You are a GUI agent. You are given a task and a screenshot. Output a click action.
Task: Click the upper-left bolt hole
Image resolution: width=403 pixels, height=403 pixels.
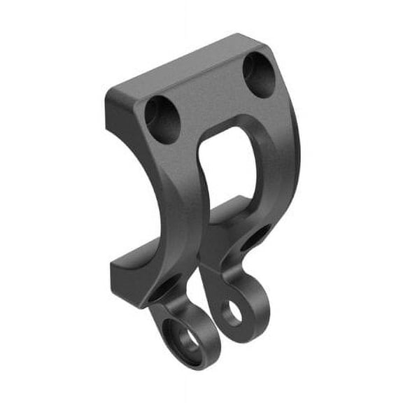tap(162, 120)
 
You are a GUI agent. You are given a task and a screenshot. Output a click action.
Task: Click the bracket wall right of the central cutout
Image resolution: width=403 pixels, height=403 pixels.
tap(276, 168)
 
